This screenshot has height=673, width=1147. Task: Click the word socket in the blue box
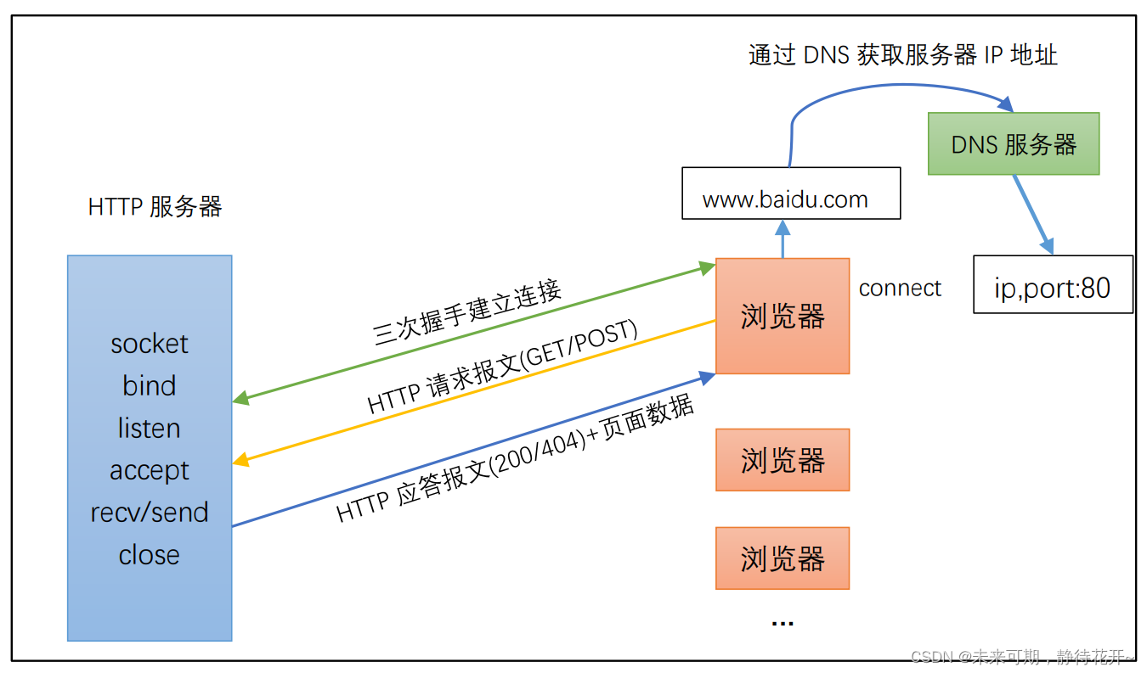click(150, 344)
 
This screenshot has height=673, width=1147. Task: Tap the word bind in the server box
click(149, 385)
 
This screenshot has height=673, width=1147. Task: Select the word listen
click(149, 428)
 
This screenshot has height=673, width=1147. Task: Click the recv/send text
click(150, 513)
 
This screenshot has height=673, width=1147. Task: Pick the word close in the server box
click(149, 555)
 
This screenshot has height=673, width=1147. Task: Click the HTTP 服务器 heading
click(155, 207)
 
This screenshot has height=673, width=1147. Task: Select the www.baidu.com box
click(791, 193)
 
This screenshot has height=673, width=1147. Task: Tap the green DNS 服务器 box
click(1014, 143)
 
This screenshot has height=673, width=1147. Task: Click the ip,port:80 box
click(1053, 284)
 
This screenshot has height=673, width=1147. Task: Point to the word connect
click(900, 289)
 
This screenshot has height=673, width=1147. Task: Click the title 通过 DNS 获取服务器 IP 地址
click(903, 54)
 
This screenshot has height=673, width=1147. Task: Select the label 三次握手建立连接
click(467, 312)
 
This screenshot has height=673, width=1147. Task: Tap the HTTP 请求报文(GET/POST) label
click(502, 366)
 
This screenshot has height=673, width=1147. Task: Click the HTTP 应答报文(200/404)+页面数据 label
click(515, 457)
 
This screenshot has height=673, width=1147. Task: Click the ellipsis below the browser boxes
click(783, 624)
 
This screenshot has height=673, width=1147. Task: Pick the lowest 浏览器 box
click(783, 558)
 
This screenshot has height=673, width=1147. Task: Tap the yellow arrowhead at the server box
click(240, 459)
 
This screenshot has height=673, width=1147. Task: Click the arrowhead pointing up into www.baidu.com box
click(783, 227)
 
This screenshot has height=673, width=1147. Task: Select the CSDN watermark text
click(1022, 657)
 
